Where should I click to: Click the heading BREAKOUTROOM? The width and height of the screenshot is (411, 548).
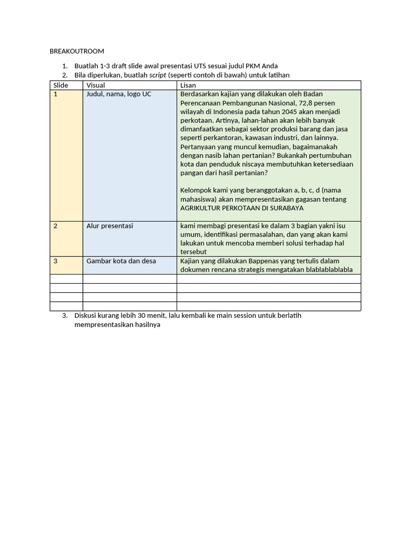coord(77,51)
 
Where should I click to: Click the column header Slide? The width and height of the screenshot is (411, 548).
coord(61,85)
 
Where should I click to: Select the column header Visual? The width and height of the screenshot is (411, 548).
coord(96,85)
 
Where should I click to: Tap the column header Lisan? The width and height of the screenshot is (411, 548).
coord(188,85)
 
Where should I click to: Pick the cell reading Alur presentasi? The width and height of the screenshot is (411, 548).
coord(110,226)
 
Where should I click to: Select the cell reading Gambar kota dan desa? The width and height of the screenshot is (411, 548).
coord(121,261)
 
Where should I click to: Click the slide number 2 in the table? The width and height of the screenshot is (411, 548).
coord(55,226)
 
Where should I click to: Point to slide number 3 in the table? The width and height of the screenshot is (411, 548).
coord(55,261)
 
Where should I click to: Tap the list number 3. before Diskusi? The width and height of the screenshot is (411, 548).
coord(65,315)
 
